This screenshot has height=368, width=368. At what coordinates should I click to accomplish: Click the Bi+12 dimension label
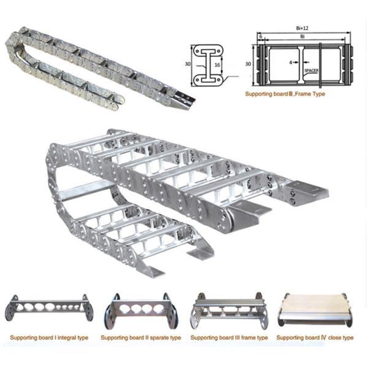302,28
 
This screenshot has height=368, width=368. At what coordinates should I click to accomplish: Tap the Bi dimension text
302,37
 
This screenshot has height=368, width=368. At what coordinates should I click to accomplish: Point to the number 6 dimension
261,37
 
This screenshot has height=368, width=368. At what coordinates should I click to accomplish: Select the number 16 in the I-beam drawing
217,65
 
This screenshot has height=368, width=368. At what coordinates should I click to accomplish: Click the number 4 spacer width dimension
291,63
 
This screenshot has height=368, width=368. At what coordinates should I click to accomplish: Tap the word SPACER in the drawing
312,71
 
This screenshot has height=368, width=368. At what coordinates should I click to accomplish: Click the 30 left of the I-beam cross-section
188,64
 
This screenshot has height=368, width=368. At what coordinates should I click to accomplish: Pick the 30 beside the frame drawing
248,64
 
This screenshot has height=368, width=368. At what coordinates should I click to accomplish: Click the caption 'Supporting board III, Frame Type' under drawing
285,94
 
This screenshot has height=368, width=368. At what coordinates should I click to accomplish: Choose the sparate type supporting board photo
141,310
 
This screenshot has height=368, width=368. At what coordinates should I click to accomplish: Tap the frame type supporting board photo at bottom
229,310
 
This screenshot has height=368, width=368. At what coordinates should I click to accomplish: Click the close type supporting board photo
315,310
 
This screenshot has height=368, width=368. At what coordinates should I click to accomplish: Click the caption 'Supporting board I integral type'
49,338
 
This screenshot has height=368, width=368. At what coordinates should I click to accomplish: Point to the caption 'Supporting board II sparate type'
141,338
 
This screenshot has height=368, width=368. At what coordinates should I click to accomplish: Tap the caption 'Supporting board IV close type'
315,338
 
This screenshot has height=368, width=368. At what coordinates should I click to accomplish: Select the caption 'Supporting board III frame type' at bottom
229,338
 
